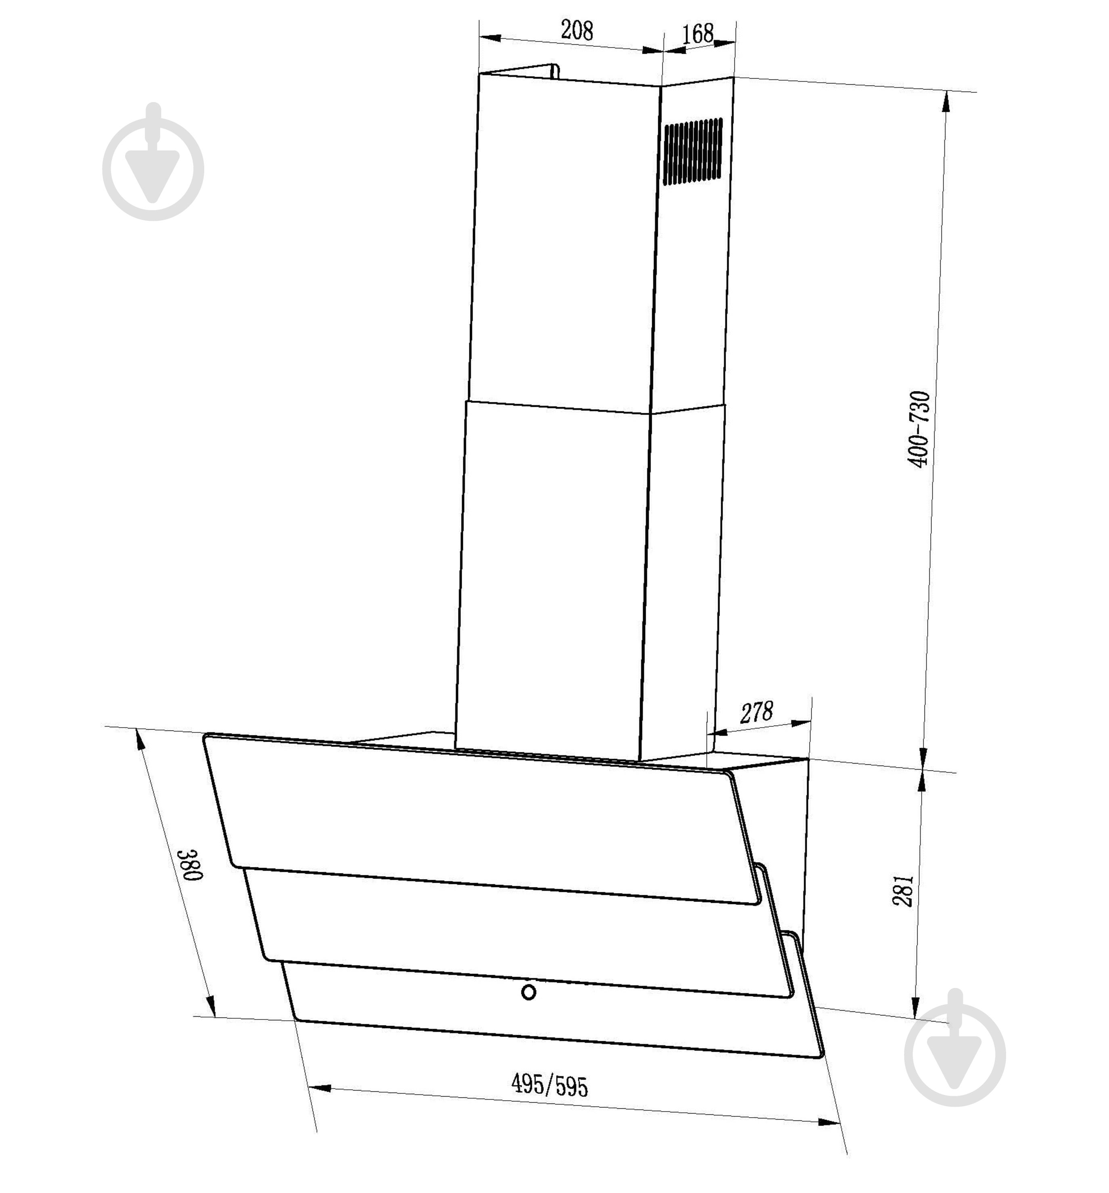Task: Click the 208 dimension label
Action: click(576, 30)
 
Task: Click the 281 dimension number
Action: click(903, 891)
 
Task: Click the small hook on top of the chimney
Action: click(554, 71)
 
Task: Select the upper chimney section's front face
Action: click(564, 240)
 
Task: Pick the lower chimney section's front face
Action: click(552, 576)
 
